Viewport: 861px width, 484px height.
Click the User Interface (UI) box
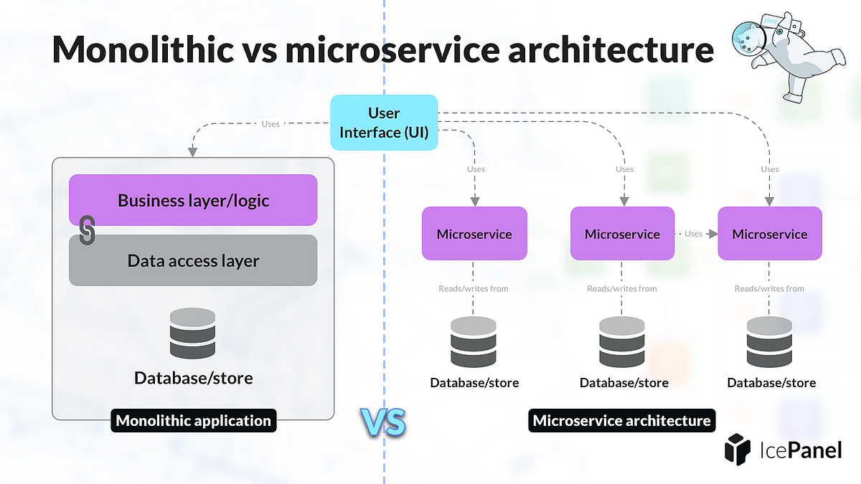384,123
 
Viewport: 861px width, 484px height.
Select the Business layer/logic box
193,200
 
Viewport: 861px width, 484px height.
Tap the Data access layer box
193,260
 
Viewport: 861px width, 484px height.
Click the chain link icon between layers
87,230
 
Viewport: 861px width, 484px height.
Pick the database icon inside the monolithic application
193,333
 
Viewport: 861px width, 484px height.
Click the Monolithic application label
193,421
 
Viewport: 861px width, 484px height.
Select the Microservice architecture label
621,421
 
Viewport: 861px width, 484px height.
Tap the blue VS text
382,423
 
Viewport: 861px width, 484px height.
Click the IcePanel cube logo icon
737,450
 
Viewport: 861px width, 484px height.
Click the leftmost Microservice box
474,234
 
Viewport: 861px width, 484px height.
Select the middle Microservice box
622,234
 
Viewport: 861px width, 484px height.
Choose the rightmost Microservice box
770,234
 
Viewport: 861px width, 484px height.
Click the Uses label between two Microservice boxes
694,234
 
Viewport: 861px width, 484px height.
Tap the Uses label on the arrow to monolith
270,124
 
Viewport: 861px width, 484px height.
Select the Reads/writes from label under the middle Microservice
622,288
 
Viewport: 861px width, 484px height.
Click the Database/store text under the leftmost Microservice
474,383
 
